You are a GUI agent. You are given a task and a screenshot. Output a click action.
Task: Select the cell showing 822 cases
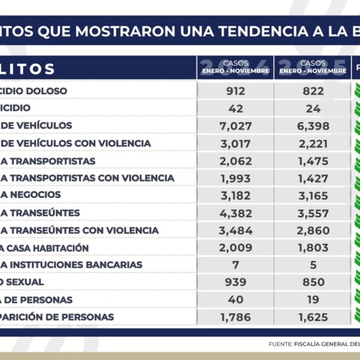coord(313,91)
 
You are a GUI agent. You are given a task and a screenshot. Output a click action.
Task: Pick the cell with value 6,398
coord(313,125)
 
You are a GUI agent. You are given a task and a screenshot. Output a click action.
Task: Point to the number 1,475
coord(313,160)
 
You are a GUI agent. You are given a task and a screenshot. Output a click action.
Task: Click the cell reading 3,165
coord(313,195)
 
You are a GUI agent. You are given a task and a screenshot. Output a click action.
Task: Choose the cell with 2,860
coord(313,230)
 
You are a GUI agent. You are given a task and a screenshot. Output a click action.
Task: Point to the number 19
coord(313,299)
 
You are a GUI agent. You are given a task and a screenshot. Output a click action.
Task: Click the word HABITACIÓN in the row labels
coord(59,247)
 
